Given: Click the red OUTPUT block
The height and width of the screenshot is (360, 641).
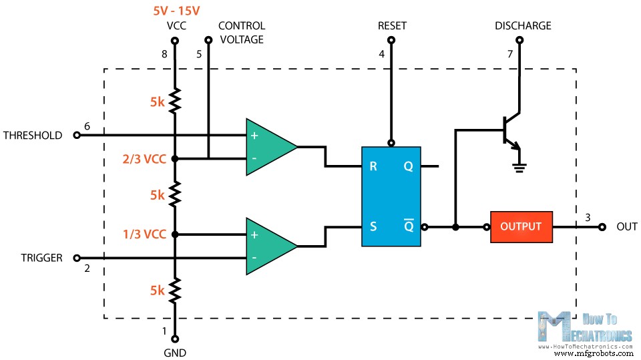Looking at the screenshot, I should point(521,226).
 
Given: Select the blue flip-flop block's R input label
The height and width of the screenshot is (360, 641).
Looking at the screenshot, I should point(373,166).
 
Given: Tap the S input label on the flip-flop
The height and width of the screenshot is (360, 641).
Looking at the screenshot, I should point(373,226).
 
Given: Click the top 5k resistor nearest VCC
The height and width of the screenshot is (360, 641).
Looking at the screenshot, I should point(175,102).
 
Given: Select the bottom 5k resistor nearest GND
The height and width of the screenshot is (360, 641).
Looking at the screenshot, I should point(175,291).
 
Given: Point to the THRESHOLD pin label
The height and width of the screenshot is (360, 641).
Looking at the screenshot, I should point(33,135).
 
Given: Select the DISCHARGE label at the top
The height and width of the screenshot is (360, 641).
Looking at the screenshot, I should point(523,26).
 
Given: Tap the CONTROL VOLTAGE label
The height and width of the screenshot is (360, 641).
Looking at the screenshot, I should point(241,33).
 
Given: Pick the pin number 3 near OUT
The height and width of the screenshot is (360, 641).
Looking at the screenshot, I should point(587,217).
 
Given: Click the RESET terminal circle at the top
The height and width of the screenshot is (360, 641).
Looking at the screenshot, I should point(392,41).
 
